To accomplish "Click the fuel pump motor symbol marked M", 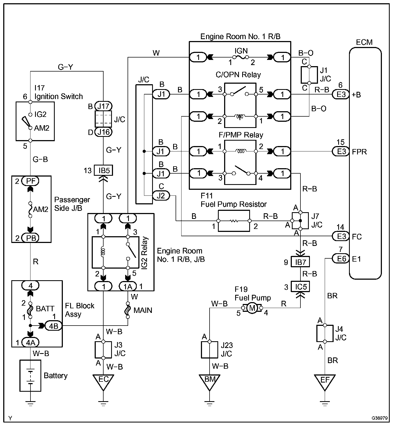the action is coord(252,308).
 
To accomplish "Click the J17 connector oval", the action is coord(103,106).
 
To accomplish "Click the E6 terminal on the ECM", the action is coord(341,259).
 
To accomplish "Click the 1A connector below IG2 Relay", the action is coord(128,286).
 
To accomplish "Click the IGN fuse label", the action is coord(241,51).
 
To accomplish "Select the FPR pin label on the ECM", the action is coord(360,152).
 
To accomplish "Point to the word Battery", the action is coord(56,376).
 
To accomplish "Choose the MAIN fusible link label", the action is coord(143,310).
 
